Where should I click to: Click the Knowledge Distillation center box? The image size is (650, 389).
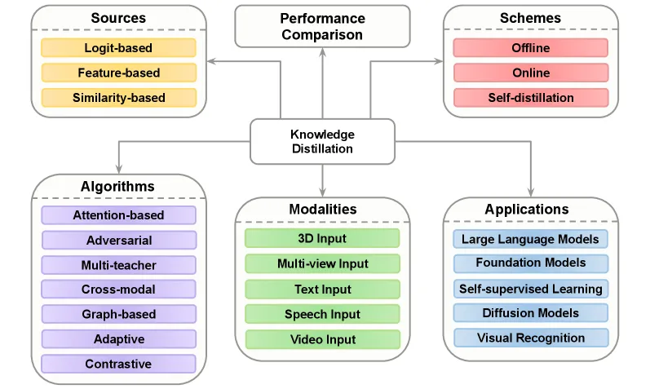[x=322, y=141]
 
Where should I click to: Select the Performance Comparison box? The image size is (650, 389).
[x=322, y=26]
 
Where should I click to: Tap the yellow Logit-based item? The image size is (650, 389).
[x=118, y=47]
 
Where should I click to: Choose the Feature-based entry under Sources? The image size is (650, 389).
[x=118, y=73]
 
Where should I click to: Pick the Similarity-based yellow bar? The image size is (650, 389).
[x=118, y=98]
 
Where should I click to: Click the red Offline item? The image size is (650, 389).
[x=531, y=47]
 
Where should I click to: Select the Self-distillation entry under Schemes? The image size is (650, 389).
[x=531, y=98]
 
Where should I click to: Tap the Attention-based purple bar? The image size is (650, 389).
[x=118, y=215]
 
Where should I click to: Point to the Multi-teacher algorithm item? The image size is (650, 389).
[x=118, y=265]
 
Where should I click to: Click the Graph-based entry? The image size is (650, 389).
[x=118, y=314]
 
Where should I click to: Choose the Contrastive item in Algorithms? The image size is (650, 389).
[x=118, y=364]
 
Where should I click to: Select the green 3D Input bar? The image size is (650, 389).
[x=322, y=238]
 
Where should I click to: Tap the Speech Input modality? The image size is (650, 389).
[x=322, y=314]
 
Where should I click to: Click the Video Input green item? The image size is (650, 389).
[x=322, y=339]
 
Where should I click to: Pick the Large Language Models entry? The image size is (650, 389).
[x=531, y=239]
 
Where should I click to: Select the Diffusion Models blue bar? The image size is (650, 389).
[x=531, y=312]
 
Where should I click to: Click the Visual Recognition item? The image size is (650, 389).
[x=531, y=338]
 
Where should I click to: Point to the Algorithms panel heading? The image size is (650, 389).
[x=117, y=186]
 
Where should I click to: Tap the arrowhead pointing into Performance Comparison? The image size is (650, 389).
[x=322, y=52]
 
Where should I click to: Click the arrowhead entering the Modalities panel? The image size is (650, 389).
[x=322, y=192]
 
